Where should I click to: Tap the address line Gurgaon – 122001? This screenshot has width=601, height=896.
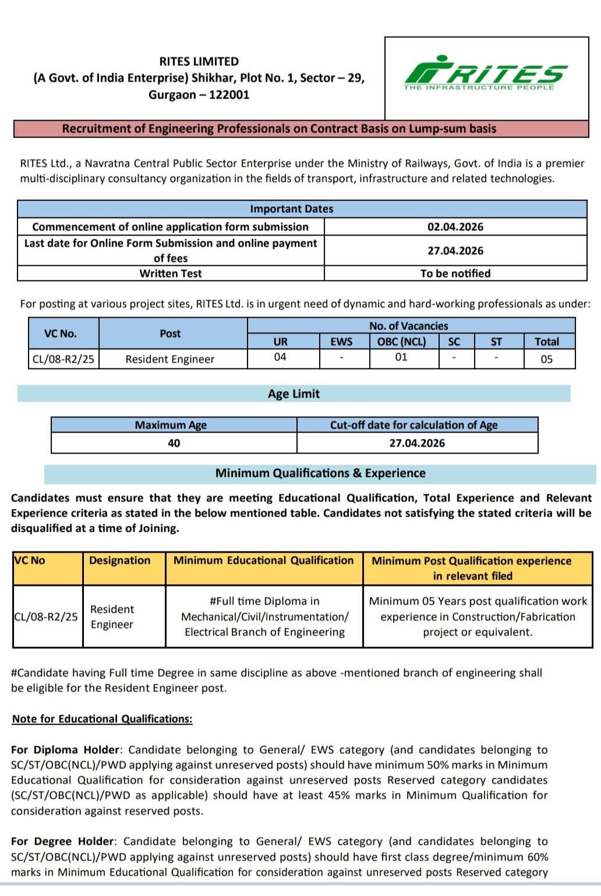coord(199,94)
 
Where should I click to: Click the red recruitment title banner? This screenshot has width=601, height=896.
coord(280,128)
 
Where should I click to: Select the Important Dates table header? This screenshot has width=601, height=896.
coord(292,209)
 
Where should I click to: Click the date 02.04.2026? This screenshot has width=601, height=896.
coord(455,227)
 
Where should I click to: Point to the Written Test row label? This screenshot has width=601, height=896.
coord(170,273)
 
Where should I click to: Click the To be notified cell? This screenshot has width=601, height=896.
coord(455,273)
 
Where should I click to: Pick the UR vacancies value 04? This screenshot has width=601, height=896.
coord(280,357)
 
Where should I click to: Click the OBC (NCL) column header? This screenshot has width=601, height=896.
coord(401,342)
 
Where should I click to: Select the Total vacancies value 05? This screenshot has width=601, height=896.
coord(546,359)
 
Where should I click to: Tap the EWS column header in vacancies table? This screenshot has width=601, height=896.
coord(341,342)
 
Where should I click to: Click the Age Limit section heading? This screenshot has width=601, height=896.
coord(294,394)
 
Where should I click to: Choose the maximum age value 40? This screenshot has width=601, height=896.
coord(174,443)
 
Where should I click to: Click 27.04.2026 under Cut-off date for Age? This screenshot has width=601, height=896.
coord(417,443)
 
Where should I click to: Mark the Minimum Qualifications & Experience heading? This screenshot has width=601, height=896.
coord(320,473)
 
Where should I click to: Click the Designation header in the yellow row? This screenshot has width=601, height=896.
coord(119,560)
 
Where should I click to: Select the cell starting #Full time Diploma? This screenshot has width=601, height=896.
coord(264,616)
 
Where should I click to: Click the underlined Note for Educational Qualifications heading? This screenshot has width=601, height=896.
coord(102,719)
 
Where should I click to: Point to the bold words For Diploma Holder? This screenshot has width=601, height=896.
coord(65,750)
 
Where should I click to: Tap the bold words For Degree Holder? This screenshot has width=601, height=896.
coord(63,841)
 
